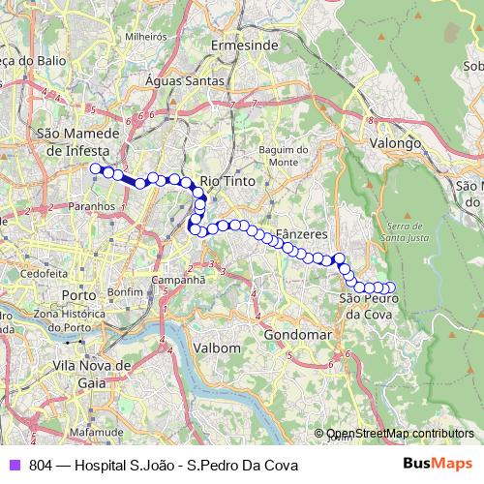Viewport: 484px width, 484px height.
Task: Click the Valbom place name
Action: (216, 348)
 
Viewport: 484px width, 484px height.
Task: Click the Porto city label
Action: (77, 293)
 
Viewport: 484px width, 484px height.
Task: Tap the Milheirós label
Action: (146, 36)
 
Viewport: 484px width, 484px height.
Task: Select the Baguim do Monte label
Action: (283, 156)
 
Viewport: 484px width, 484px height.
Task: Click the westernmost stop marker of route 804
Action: (96, 169)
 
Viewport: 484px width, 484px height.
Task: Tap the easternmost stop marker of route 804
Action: (391, 287)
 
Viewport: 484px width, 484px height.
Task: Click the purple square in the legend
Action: (14, 465)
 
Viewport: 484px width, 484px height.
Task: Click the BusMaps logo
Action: (438, 464)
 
